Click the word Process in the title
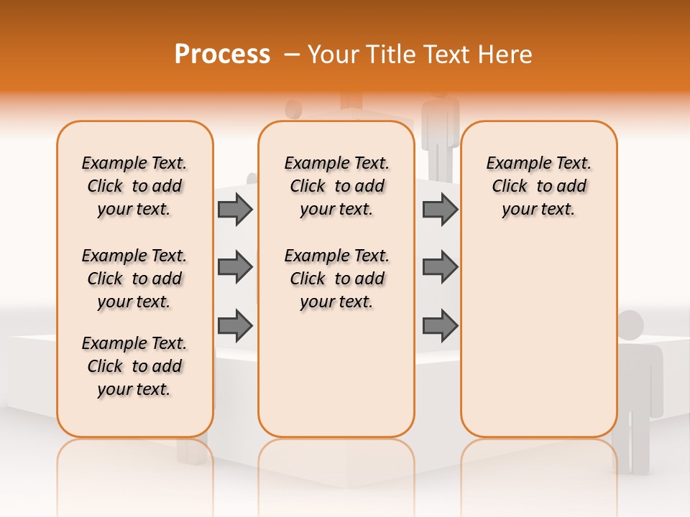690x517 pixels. (222, 55)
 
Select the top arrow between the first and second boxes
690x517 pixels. (235, 209)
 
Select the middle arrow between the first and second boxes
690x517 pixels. (235, 267)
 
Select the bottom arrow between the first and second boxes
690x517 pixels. (235, 325)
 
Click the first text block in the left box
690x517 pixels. (134, 186)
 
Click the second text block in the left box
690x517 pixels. (134, 279)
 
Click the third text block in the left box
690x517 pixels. (134, 366)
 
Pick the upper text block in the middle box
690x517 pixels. (336, 186)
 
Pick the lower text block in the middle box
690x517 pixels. (336, 279)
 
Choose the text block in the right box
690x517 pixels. (538, 186)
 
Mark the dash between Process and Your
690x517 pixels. (291, 55)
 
